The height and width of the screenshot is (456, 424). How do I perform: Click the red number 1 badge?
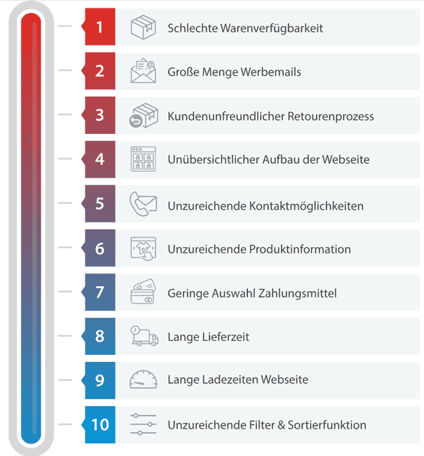click(x=100, y=27)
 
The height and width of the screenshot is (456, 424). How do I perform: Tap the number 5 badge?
click(x=100, y=203)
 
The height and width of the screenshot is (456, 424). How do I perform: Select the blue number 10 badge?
click(x=100, y=425)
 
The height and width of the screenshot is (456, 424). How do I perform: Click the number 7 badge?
click(x=100, y=293)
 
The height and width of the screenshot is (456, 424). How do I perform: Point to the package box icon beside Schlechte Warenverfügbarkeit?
click(x=143, y=27)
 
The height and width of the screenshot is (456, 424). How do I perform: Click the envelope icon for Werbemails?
click(x=143, y=71)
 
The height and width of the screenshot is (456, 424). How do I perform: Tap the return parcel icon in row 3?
click(x=143, y=116)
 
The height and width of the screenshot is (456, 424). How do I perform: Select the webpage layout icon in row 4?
click(x=143, y=159)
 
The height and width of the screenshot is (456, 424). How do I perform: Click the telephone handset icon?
click(x=143, y=204)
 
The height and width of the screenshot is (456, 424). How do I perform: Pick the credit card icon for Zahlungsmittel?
click(x=143, y=293)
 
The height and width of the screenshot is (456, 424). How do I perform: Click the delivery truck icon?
click(x=143, y=337)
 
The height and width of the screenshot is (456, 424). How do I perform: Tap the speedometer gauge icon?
click(x=143, y=380)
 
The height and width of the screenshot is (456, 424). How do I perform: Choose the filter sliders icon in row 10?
click(x=143, y=425)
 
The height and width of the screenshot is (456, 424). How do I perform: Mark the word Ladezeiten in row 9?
click(x=230, y=380)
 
